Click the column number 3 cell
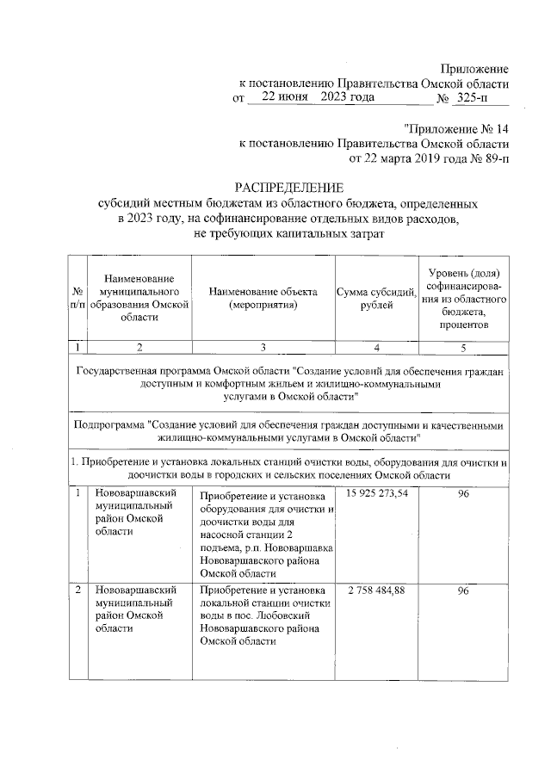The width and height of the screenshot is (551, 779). [263, 348]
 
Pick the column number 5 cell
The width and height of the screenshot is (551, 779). [463, 348]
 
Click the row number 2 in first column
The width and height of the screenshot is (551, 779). [78, 590]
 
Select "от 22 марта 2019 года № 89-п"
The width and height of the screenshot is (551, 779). [429, 158]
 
